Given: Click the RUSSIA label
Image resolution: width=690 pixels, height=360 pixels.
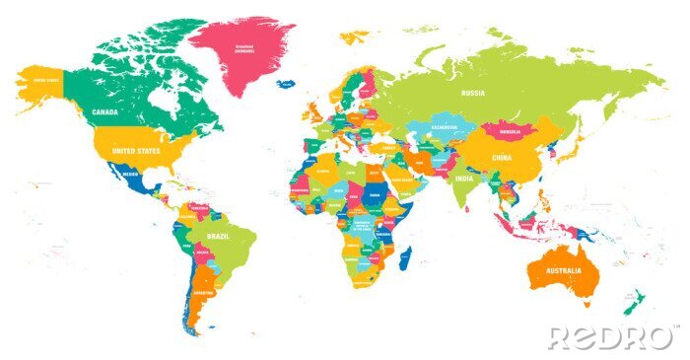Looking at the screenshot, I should [x=474, y=93].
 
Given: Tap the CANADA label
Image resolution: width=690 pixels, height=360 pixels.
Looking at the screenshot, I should [x=105, y=112].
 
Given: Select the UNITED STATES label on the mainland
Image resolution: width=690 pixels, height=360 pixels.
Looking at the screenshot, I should [x=135, y=150].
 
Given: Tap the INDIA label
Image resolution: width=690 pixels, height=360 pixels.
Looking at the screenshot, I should [x=464, y=180].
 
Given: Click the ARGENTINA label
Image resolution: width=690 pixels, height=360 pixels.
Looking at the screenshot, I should [x=203, y=294].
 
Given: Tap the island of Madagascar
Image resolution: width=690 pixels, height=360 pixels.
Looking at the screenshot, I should [x=404, y=259].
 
